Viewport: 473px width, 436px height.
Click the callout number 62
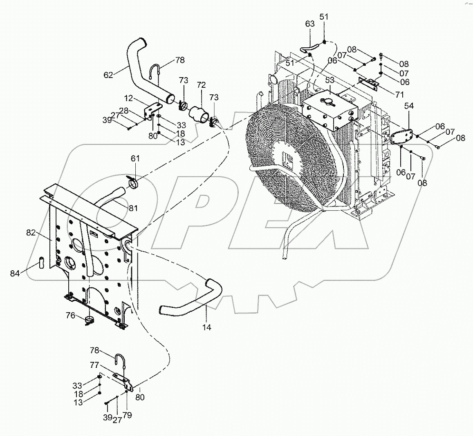[x=108, y=75]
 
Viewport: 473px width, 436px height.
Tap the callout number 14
[x=207, y=327]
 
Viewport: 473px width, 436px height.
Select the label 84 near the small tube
[x=15, y=273]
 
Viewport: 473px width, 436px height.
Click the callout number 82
[x=31, y=233]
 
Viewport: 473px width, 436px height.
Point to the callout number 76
[x=71, y=315]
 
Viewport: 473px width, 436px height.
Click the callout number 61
[x=135, y=158]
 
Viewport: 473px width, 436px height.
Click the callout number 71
[x=399, y=95]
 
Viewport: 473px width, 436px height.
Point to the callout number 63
[x=310, y=24]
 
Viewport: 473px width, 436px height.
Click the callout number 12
[x=129, y=98]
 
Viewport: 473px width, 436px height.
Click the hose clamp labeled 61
[x=133, y=182]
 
